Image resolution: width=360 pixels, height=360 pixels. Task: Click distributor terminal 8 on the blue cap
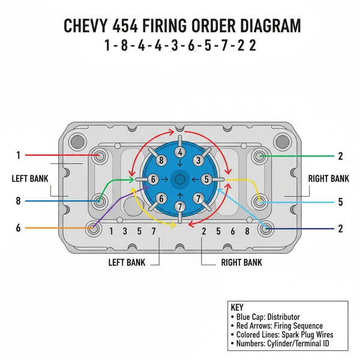click(x=160, y=160)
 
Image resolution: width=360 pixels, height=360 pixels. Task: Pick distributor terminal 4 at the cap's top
click(x=180, y=153)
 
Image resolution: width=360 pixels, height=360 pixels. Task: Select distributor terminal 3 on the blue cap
click(x=197, y=160)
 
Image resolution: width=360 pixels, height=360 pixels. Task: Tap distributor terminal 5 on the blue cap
click(x=206, y=179)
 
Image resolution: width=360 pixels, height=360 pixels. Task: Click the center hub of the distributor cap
click(x=179, y=179)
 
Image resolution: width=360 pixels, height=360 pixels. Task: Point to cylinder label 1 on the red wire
click(x=19, y=155)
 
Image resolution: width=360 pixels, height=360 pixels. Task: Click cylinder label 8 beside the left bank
click(x=19, y=201)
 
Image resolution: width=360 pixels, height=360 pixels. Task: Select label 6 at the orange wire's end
click(x=19, y=228)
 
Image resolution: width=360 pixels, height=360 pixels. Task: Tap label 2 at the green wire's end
click(x=340, y=156)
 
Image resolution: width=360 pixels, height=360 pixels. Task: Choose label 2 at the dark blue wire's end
click(x=340, y=229)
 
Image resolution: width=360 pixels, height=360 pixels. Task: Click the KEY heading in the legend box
click(x=237, y=306)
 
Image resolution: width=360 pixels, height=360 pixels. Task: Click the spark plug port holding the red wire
click(x=100, y=156)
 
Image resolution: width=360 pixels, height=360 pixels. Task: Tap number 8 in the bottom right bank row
click(x=247, y=231)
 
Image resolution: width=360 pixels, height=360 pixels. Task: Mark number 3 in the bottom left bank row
click(x=125, y=231)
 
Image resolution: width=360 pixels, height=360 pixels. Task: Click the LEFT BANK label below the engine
click(x=127, y=262)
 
